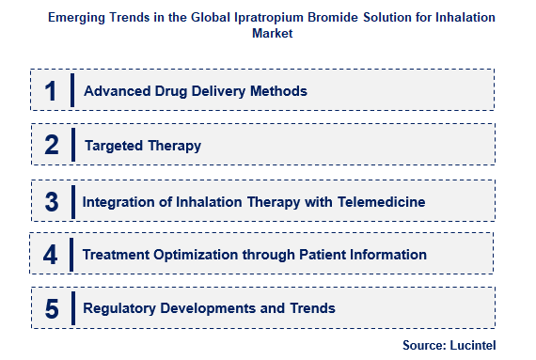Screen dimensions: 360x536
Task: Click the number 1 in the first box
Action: coord(51,91)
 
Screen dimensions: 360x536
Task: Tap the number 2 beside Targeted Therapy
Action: coord(51,146)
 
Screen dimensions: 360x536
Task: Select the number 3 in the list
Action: coord(51,200)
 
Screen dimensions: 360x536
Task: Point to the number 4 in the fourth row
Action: coord(51,255)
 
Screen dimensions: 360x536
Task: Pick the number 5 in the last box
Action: coord(51,308)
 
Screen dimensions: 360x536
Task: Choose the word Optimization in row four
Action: coord(186,255)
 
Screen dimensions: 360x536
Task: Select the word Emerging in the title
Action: coord(78,18)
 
